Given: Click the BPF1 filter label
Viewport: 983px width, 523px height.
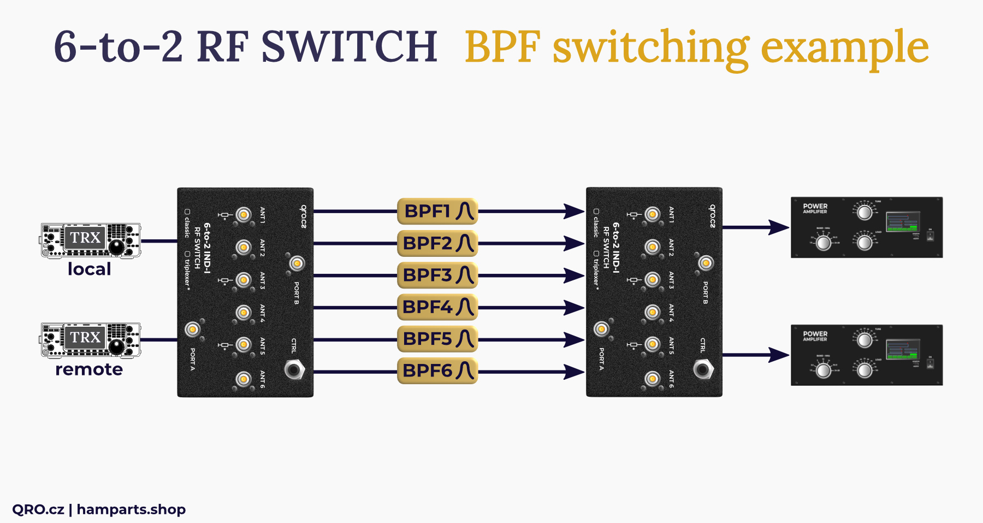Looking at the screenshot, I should [x=437, y=211].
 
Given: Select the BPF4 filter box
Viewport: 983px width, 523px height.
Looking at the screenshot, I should [x=437, y=308].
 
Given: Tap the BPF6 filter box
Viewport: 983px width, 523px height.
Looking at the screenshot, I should [x=437, y=371].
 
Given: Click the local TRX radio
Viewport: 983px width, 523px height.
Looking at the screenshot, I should [x=90, y=240].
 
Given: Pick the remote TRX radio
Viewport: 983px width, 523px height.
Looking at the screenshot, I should [x=90, y=339].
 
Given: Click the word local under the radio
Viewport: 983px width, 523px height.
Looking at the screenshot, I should [x=89, y=269].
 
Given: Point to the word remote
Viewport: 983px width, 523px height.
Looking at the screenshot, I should [x=89, y=369].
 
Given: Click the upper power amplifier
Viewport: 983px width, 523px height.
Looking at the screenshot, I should [x=867, y=227].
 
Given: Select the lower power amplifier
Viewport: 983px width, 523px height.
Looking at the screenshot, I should [x=867, y=355].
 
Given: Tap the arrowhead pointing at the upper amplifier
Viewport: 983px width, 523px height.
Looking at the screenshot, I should [x=779, y=227].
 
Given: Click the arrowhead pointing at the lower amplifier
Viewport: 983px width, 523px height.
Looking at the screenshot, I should [x=779, y=355].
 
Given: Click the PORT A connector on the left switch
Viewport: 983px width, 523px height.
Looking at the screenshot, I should [x=192, y=329].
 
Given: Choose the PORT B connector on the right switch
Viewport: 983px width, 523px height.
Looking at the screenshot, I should [x=706, y=263].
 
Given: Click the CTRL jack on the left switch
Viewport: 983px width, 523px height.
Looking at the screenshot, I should [x=294, y=370].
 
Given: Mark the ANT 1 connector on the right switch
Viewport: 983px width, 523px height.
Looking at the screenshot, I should [x=652, y=214].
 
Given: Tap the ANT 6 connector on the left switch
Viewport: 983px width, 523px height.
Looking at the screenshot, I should [x=244, y=378].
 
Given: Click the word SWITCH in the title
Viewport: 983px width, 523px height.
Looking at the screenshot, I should [x=350, y=46].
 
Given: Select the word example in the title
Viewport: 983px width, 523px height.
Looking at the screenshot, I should [x=844, y=48].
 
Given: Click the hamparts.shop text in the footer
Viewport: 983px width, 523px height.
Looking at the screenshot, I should [x=131, y=509].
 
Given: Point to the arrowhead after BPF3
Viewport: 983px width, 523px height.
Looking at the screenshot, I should [x=575, y=275].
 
